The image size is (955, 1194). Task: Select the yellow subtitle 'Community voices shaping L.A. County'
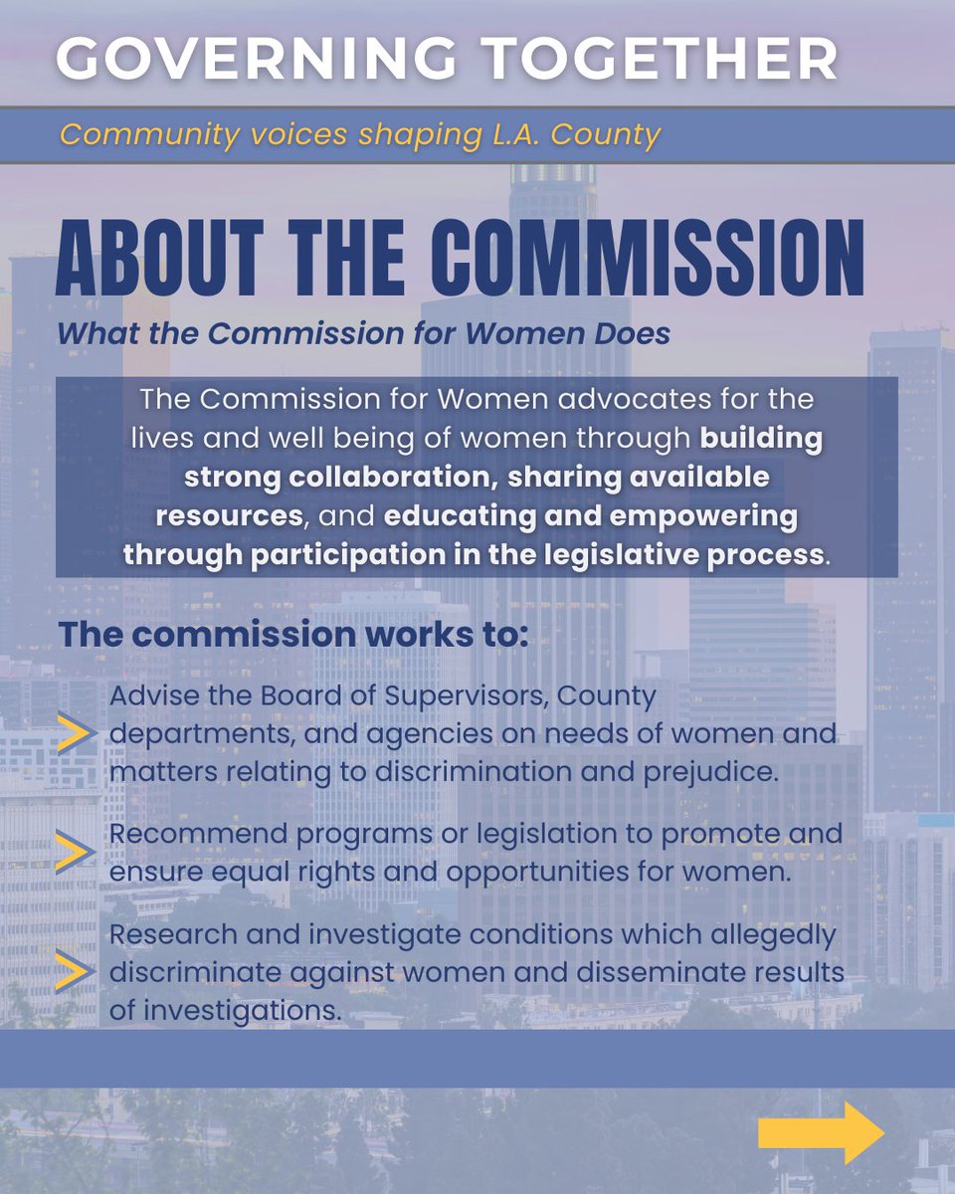tap(360, 134)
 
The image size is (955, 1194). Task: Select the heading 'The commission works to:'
tap(293, 634)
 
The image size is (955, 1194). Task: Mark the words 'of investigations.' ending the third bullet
tap(215, 1009)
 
